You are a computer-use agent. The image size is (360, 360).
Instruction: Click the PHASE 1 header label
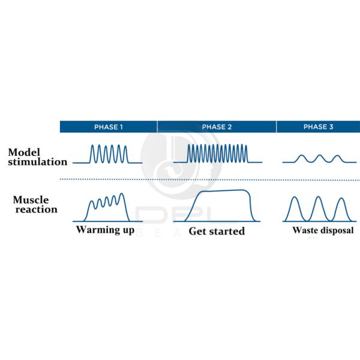coord(108,127)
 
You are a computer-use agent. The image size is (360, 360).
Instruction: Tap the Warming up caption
coord(105,230)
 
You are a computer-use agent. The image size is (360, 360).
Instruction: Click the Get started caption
coord(217,231)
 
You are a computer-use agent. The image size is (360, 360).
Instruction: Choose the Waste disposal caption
coord(323,230)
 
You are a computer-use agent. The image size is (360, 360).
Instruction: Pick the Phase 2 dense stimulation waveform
coord(217,154)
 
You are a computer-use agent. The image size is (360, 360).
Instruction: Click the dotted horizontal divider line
coord(210,179)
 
